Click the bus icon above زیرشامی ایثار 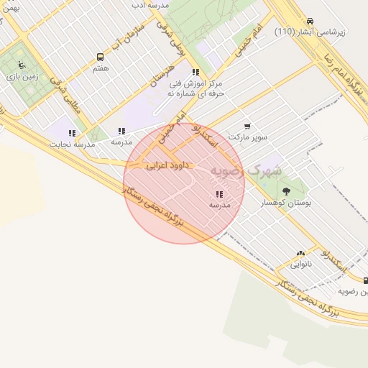[x=310, y=21]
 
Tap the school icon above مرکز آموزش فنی [x=195, y=72]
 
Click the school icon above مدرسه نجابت [x=72, y=133]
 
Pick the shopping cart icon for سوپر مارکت [x=247, y=126]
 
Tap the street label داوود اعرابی [x=167, y=165]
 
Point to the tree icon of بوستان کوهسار [x=287, y=191]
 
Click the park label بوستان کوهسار [x=287, y=203]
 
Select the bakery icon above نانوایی [x=300, y=253]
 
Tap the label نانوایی [x=301, y=264]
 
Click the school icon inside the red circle [x=219, y=194]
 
